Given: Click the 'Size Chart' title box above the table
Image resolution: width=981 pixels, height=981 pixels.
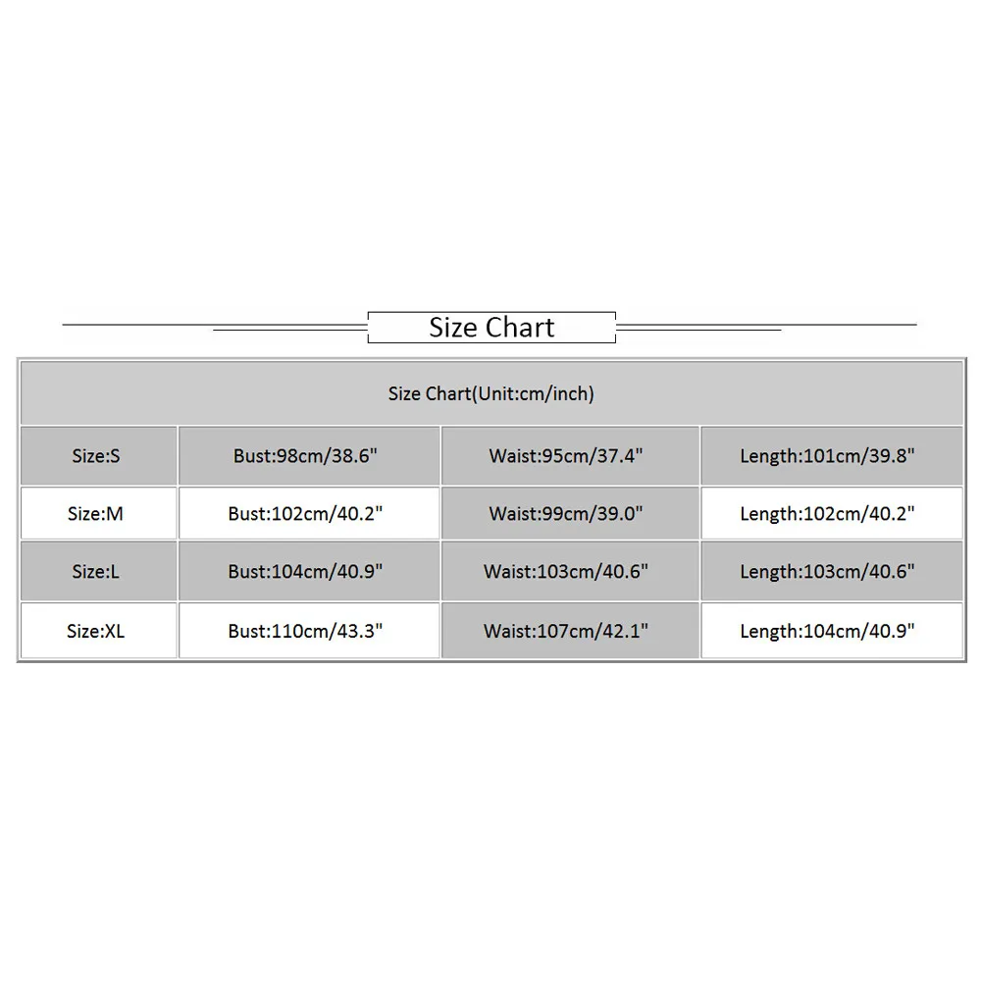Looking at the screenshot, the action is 491,328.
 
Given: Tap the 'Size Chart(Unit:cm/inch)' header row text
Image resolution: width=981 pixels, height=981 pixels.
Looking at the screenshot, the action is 491,393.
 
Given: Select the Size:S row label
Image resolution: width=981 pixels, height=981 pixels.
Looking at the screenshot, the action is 96,455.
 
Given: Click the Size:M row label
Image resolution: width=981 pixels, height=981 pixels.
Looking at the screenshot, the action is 96,514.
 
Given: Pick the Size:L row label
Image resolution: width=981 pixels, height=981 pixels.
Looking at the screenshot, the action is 96,571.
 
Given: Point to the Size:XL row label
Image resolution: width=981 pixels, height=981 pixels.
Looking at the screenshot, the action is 96,631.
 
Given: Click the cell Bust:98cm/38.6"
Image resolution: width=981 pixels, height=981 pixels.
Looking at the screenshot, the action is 305,455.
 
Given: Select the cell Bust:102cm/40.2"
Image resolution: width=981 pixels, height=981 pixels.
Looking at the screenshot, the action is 305,514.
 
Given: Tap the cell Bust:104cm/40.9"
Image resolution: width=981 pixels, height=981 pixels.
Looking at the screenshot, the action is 305,571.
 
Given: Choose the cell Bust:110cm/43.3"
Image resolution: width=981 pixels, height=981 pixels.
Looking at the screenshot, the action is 305,631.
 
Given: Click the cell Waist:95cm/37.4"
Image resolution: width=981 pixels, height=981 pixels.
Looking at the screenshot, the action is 566,455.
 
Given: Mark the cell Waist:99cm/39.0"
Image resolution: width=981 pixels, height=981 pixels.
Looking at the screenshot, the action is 566,514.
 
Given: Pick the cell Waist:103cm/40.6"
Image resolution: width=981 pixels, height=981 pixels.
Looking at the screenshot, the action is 566,571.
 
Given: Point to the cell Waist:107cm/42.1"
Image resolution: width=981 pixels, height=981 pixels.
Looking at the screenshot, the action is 566,631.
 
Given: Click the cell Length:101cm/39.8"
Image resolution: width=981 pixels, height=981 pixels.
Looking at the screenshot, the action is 827,455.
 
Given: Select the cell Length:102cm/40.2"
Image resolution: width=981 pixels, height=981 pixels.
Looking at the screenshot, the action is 827,514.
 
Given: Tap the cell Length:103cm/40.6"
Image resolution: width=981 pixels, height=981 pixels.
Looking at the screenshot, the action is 827,571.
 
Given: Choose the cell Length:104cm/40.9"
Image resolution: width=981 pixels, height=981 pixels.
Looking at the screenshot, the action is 827,631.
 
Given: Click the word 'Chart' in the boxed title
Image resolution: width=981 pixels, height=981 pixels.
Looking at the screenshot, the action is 520,328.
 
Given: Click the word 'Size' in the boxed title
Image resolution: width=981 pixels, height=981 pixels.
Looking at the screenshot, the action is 453,328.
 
